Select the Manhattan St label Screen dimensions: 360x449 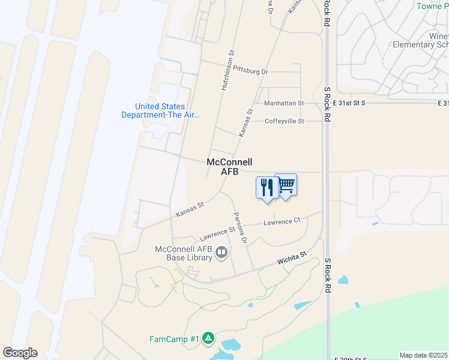tap(285, 103)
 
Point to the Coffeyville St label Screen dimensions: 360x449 tap(285, 121)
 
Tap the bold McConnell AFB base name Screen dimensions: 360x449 tap(229, 167)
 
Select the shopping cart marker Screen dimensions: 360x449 tap(286, 185)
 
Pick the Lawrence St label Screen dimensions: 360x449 tap(217, 230)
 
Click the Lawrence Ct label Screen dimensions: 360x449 tap(282, 221)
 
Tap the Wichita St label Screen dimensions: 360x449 tap(292, 259)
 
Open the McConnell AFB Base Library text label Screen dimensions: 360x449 tap(184, 253)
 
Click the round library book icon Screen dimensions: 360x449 tap(221, 253)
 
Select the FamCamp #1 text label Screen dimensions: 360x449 tap(173, 339)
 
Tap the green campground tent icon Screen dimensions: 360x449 tap(208, 338)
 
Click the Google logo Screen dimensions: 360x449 tap(20, 353)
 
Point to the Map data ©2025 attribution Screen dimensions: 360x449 tap(424, 355)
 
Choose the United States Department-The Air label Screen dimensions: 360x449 tap(160, 111)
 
